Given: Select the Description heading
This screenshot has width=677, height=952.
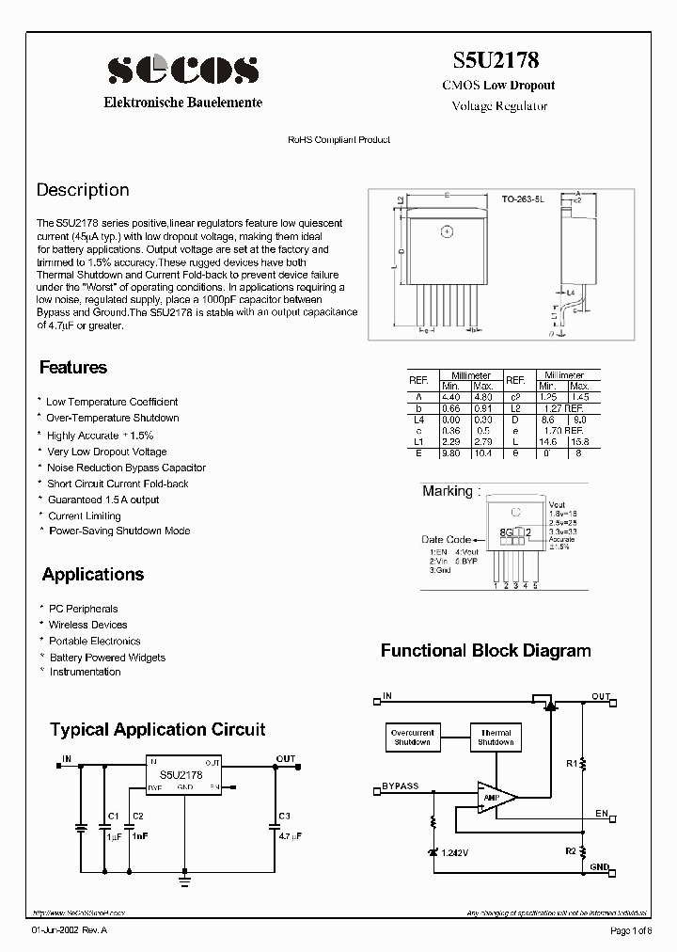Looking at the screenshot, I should coord(83,190).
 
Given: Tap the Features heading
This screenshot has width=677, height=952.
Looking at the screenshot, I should coord(73,368).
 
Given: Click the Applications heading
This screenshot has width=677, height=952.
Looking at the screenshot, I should coord(93,574).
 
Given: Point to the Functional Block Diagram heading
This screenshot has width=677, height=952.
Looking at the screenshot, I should coord(485,650).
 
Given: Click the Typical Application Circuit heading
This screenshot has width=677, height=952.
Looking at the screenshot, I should coord(157,729).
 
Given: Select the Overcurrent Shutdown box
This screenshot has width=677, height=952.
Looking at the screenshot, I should coord(411,738).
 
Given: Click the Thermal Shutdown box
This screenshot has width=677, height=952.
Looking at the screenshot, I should coord(496,738).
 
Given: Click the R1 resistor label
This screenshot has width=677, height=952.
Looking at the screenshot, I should coord(571,764).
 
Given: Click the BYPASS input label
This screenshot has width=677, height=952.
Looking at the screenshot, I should coord(401,785).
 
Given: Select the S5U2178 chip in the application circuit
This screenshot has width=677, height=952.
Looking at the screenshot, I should coord(183,775).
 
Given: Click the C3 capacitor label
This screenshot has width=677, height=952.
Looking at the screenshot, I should coord(284,815).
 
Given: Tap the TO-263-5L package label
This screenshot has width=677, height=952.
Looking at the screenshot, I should coord(523,200).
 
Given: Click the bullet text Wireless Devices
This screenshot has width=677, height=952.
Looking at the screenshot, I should coord(87,625).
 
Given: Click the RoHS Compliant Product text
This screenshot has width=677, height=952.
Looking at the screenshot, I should coord(338,139).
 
